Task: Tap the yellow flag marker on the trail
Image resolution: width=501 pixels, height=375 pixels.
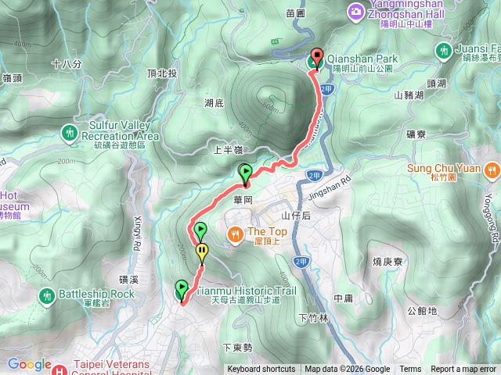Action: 202,252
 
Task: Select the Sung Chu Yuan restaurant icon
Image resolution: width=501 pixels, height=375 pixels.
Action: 492,168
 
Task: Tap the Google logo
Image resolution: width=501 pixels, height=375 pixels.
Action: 29,363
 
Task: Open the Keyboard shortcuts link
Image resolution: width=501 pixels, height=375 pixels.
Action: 261,370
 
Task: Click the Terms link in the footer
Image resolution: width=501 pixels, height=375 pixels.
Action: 410,370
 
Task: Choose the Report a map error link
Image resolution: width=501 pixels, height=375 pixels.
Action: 463,370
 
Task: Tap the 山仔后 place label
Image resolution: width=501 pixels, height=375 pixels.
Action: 296,216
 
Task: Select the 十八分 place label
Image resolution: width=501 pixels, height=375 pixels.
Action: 66,64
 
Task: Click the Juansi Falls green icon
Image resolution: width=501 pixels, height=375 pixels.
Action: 444,51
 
